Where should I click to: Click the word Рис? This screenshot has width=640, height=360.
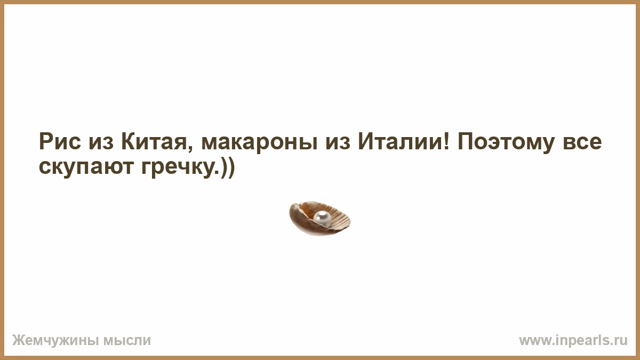(60, 142)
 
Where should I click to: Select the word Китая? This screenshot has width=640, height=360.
(154, 142)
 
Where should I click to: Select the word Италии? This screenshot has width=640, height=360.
(399, 142)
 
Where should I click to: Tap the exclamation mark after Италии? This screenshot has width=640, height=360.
(447, 142)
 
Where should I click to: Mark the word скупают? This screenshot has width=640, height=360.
(86, 169)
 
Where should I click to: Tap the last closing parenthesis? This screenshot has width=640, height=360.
(231, 167)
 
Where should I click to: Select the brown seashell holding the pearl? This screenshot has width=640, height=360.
(319, 219)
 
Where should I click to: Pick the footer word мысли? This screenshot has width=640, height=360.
(127, 341)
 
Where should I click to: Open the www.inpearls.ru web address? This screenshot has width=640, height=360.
(573, 341)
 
